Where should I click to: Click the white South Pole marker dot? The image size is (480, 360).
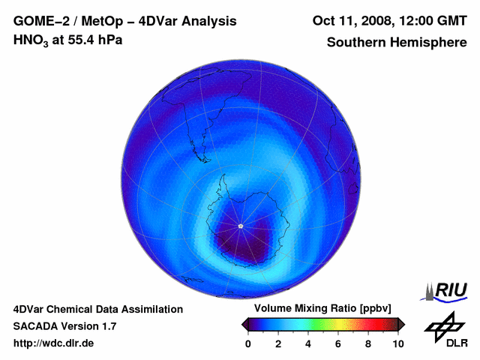pos(240,226)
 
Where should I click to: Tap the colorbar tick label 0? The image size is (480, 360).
pos(248,343)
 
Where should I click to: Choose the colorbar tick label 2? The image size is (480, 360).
pos(278,343)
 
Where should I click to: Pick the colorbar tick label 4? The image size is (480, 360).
pos(308,343)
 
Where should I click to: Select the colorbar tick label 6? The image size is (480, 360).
pos(338,343)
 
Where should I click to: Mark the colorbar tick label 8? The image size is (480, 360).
pos(368,343)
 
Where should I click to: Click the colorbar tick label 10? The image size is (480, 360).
pos(397,343)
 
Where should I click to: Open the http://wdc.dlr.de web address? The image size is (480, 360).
pos(53,343)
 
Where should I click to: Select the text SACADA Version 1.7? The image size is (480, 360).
pos(64,326)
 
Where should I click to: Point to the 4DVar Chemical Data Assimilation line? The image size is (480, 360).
pos(97,309)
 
